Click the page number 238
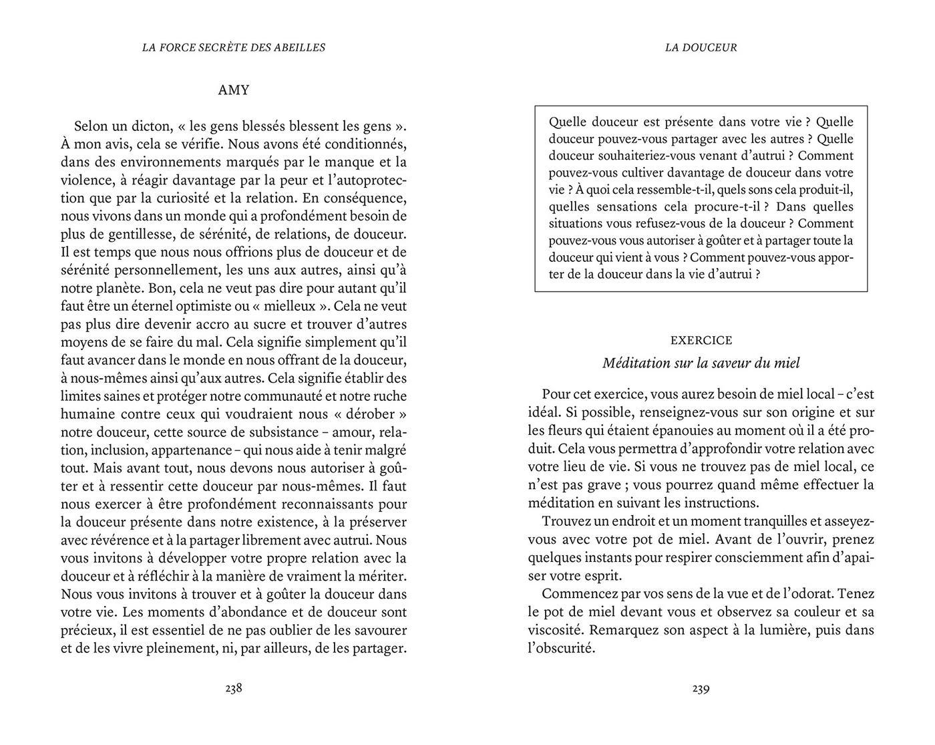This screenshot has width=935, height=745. (x=233, y=688)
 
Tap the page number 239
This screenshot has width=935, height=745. (x=701, y=688)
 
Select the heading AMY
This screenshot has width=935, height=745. (x=234, y=90)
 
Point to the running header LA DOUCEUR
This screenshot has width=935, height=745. (x=701, y=47)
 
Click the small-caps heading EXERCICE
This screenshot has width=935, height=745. (x=701, y=340)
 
